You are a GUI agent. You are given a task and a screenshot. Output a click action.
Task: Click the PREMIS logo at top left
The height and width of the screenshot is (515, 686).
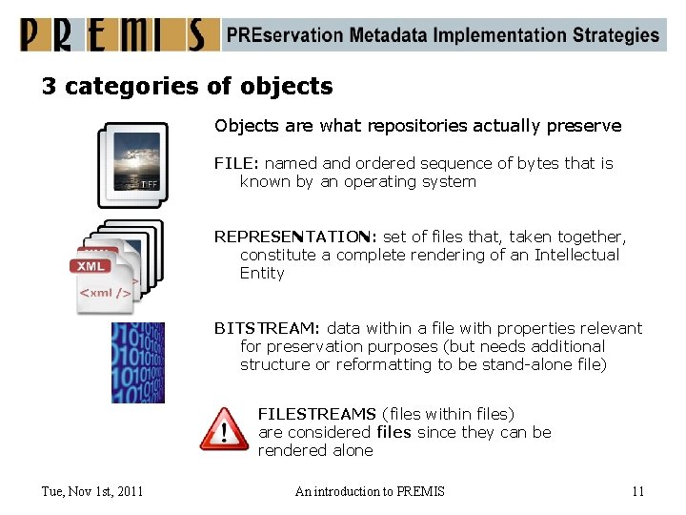click(113, 34)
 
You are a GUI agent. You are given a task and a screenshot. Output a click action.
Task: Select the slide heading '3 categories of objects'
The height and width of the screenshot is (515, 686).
click(187, 87)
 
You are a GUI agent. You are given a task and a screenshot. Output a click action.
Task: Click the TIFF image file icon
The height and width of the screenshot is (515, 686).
click(133, 164)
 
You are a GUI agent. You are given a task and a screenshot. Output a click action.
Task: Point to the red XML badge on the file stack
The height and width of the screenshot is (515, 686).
click(92, 265)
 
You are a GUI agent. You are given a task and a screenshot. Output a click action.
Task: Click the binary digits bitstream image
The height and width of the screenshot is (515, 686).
click(137, 362)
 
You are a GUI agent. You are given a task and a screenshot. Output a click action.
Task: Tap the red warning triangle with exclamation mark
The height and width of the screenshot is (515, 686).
click(224, 429)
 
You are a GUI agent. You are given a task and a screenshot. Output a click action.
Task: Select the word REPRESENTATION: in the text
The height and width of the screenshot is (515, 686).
click(295, 237)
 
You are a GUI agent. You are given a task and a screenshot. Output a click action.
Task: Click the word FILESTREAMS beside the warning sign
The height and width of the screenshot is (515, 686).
click(316, 414)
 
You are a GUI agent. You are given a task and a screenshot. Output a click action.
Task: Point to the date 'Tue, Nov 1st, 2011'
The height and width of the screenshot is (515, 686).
click(92, 491)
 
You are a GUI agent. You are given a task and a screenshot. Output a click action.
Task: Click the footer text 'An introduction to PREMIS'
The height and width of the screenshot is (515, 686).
click(370, 491)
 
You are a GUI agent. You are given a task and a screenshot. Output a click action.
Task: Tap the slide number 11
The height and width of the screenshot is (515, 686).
click(637, 491)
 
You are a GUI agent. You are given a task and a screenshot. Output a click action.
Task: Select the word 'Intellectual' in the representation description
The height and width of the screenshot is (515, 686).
click(576, 255)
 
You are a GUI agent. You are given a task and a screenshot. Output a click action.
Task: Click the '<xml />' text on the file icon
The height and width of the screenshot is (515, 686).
click(105, 292)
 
